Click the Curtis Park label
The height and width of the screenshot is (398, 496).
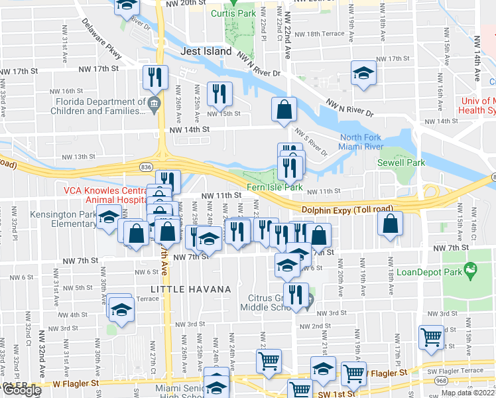pos(233,13)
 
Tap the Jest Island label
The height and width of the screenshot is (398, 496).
pos(207,51)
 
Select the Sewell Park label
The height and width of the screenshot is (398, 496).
pos(396,163)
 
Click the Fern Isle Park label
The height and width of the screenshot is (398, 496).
pos(276,188)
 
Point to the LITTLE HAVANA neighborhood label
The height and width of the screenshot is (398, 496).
pos(190,289)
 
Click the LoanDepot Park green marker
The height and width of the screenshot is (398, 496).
pos(471,269)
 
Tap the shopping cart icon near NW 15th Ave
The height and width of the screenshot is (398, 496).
pos(432,336)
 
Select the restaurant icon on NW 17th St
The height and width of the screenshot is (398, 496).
pos(156,77)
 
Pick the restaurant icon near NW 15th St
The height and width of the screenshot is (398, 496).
pos(219,94)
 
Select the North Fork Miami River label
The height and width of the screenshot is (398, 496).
pos(362,142)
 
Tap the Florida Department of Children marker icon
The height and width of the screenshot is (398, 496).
pos(154,103)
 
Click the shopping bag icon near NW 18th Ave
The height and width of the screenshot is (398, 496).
pos(390,224)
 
